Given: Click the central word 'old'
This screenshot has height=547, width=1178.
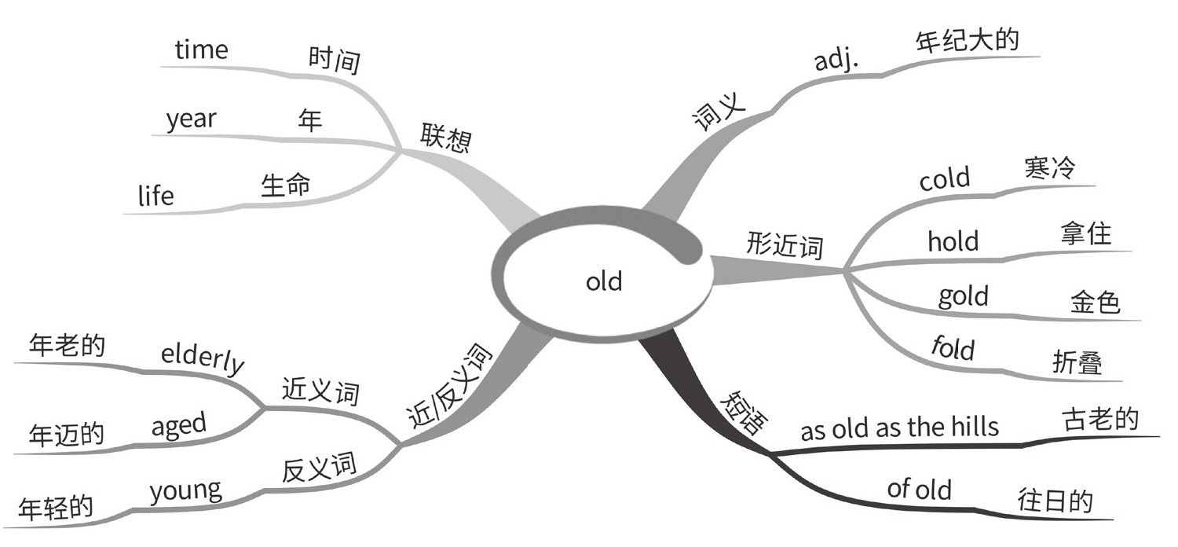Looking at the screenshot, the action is [x=604, y=281].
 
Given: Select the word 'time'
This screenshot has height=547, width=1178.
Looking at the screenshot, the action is [x=201, y=50].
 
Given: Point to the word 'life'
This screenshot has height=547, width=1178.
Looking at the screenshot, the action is [x=155, y=194].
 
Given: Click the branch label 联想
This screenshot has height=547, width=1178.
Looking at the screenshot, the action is [x=445, y=137].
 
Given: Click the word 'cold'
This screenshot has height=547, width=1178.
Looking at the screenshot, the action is [x=945, y=179].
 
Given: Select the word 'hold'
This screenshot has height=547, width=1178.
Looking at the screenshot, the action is [x=953, y=240].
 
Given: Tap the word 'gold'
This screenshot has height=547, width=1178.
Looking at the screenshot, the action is [x=963, y=297].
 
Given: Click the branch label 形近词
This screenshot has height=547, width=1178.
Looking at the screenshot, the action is [x=785, y=246].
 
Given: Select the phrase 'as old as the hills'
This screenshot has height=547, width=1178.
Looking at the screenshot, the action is [x=899, y=428].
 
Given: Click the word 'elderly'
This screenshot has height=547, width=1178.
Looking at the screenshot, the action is [x=203, y=361].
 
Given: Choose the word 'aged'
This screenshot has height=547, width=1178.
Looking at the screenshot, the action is [x=178, y=426].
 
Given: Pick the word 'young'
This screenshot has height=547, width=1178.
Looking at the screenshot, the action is [x=185, y=491].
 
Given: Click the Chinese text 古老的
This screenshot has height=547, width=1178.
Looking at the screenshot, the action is [x=1099, y=419].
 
